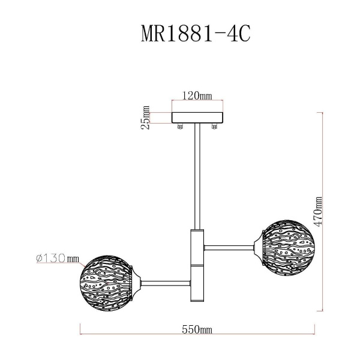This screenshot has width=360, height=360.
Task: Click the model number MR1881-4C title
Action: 194,34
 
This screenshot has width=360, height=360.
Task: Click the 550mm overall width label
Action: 197,329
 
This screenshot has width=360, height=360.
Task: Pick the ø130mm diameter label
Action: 58,259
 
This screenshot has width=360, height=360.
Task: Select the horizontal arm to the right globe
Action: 230,245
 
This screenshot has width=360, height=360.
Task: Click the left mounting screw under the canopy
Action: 179,127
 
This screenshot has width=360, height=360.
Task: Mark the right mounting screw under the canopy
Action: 215,127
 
